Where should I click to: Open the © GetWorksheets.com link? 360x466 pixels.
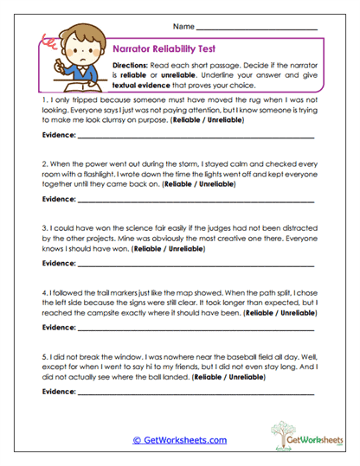[179, 440]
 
